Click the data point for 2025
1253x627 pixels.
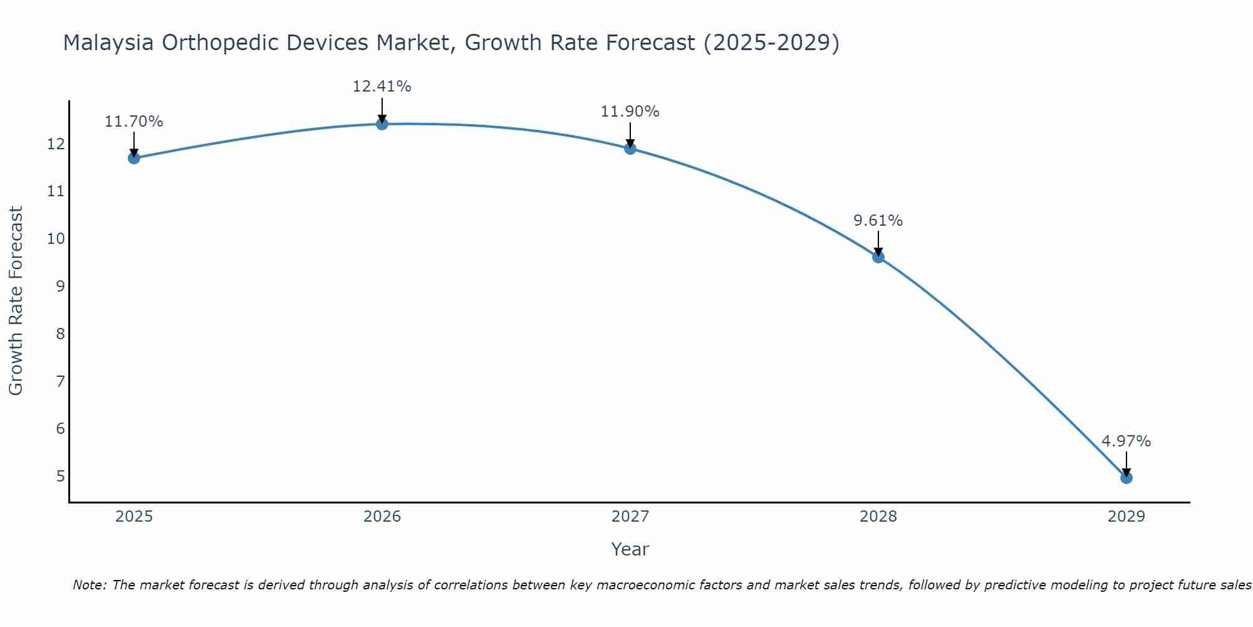coord(134,158)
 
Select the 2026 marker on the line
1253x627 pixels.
coord(382,124)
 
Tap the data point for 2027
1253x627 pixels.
coord(630,149)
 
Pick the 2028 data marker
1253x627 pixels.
coord(878,257)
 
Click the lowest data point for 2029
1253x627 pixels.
coord(1126,478)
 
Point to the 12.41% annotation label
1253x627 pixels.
coord(382,87)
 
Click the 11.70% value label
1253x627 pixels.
coord(133,122)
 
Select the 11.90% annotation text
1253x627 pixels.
coord(630,112)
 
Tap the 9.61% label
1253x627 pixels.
coord(878,221)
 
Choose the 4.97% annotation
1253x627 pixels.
coord(1126,441)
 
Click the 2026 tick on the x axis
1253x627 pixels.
coord(382,517)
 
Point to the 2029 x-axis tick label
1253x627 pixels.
coord(1126,517)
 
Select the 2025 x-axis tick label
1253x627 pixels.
coord(134,517)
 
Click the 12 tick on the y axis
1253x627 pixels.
coord(56,144)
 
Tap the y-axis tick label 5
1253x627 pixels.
coord(60,476)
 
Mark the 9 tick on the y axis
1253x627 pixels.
coord(60,286)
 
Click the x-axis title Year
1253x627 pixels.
coord(630,549)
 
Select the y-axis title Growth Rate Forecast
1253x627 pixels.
coord(16,301)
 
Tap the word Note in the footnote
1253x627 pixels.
coord(90,585)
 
